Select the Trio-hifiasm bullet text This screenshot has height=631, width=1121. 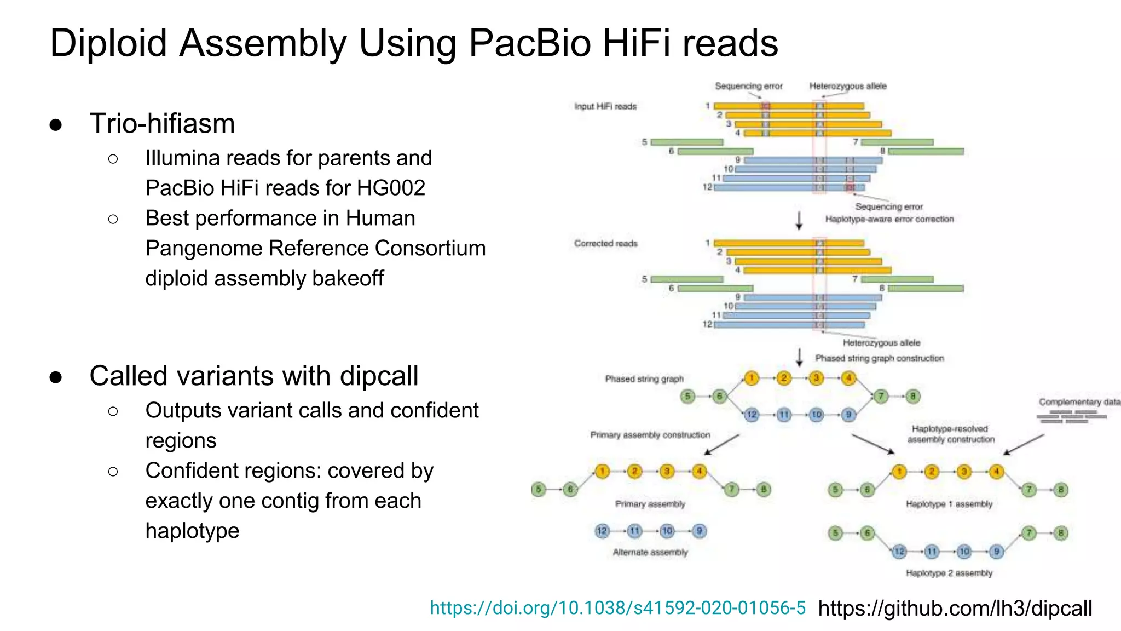pyautogui.click(x=162, y=123)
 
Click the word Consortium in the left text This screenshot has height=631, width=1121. pyautogui.click(x=430, y=248)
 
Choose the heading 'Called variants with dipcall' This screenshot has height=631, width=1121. pyautogui.click(x=254, y=376)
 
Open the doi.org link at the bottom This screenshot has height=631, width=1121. pyautogui.click(x=617, y=607)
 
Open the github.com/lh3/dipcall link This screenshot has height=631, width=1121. pyautogui.click(x=955, y=608)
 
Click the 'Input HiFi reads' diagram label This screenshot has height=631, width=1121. pyautogui.click(x=605, y=106)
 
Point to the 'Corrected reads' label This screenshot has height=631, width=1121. pyautogui.click(x=606, y=243)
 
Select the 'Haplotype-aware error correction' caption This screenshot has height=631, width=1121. pyautogui.click(x=889, y=219)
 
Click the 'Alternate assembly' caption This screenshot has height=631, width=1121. pyautogui.click(x=650, y=552)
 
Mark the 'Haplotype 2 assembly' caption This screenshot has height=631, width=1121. pyautogui.click(x=949, y=573)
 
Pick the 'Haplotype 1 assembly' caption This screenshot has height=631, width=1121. pyautogui.click(x=949, y=504)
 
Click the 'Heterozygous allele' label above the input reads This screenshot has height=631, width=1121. pyautogui.click(x=848, y=86)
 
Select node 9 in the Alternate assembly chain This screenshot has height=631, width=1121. pyautogui.click(x=699, y=531)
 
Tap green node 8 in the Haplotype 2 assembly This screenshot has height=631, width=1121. pyautogui.click(x=1061, y=533)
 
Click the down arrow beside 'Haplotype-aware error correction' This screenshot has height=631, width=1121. pyautogui.click(x=799, y=220)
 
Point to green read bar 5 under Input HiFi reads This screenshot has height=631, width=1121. pyautogui.click(x=687, y=142)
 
